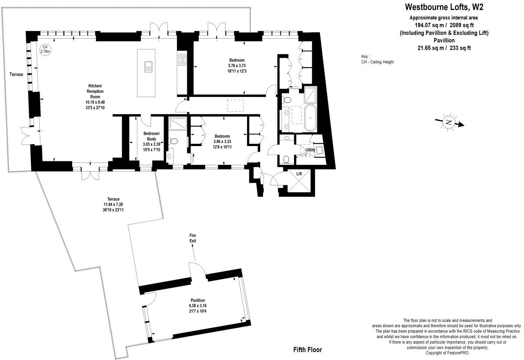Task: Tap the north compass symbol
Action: pyautogui.click(x=448, y=122)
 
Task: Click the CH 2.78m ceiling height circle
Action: pyautogui.click(x=45, y=49)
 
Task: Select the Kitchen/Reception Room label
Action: pyautogui.click(x=95, y=91)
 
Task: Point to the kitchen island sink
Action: pyautogui.click(x=149, y=67)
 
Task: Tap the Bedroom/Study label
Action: pyautogui.click(x=151, y=136)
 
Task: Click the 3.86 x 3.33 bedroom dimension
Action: pyautogui.click(x=222, y=142)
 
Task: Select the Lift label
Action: pyautogui.click(x=299, y=174)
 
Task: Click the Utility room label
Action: pyautogui.click(x=310, y=150)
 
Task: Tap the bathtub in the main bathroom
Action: pyautogui.click(x=310, y=118)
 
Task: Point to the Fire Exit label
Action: pyautogui.click(x=192, y=238)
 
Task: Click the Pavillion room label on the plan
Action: pyautogui.click(x=197, y=300)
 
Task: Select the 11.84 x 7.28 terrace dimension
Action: pyautogui.click(x=113, y=205)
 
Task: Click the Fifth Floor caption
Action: pyautogui.click(x=307, y=350)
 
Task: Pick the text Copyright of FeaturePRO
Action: pyautogui.click(x=447, y=353)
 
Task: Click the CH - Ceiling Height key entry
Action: pyautogui.click(x=377, y=62)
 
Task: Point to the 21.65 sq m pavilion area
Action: pyautogui.click(x=430, y=48)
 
